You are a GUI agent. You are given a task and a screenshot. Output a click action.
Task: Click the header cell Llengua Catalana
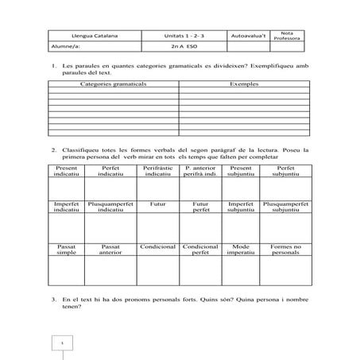pos(88,37)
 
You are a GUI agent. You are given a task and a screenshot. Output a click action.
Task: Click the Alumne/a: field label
pos(64,47)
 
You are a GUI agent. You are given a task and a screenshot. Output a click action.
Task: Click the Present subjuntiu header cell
pos(241,172)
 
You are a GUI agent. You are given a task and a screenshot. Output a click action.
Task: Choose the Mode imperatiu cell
pos(241,250)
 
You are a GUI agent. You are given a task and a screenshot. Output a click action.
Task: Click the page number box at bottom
pos(61,343)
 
